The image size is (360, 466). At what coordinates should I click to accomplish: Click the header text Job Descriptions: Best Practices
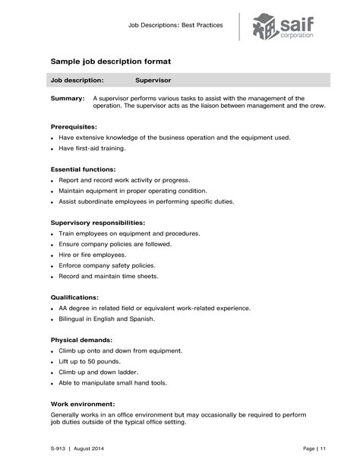coord(176,25)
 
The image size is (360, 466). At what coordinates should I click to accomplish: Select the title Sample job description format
coord(111,60)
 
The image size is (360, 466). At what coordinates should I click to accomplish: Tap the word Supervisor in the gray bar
coord(153,79)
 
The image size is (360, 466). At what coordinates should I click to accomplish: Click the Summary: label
coord(68,98)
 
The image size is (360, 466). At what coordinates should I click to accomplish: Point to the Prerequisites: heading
coord(74,125)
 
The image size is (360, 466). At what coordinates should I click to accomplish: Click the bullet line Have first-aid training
coord(92,148)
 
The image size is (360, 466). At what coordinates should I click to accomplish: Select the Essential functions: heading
coord(83,169)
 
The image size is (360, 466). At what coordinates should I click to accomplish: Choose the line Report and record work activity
coord(124,180)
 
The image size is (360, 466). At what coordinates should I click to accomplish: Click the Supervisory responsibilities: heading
coord(97,222)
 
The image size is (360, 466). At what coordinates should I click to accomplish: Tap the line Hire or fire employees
coord(92,255)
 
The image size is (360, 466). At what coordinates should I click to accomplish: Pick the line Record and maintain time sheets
coord(109,276)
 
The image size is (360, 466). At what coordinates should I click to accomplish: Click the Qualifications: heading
coord(74,296)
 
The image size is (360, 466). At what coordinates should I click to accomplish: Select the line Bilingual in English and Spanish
coord(106,319)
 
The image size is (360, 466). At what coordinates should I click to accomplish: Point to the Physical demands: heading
coord(81,339)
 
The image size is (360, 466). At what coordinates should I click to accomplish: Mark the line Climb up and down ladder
coord(98,372)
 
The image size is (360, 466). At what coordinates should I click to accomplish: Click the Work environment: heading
coord(83,404)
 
